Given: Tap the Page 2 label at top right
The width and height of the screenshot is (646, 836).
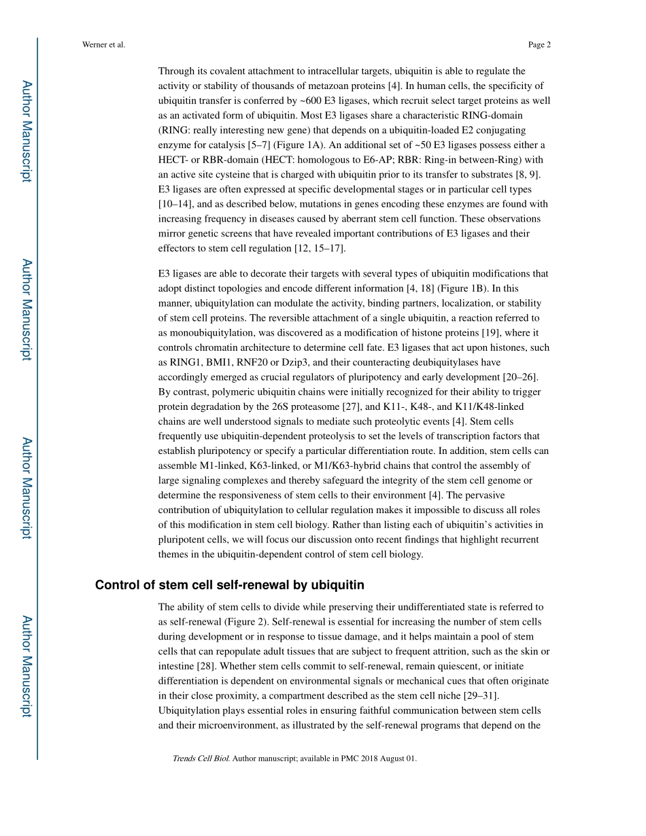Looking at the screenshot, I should pyautogui.click(x=539, y=45).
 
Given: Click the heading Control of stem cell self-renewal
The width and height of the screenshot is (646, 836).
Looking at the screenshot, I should pyautogui.click(x=230, y=585).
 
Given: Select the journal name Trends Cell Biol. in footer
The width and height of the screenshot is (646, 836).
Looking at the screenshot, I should pyautogui.click(x=201, y=759).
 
